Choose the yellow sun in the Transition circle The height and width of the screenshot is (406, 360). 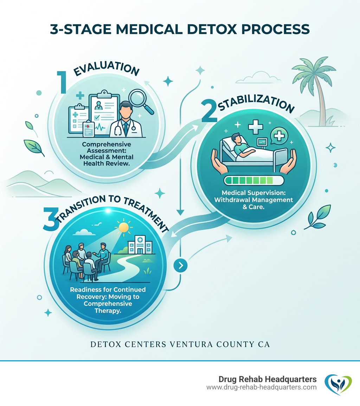pos(124,228)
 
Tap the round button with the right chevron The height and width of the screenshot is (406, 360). pos(180,266)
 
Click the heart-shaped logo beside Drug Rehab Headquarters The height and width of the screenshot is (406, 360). pos(337,384)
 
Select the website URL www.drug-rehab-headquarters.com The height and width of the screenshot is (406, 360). pos(262,387)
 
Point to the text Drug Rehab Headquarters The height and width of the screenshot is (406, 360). pos(268,379)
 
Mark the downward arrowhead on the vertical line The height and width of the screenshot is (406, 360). pos(180,212)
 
